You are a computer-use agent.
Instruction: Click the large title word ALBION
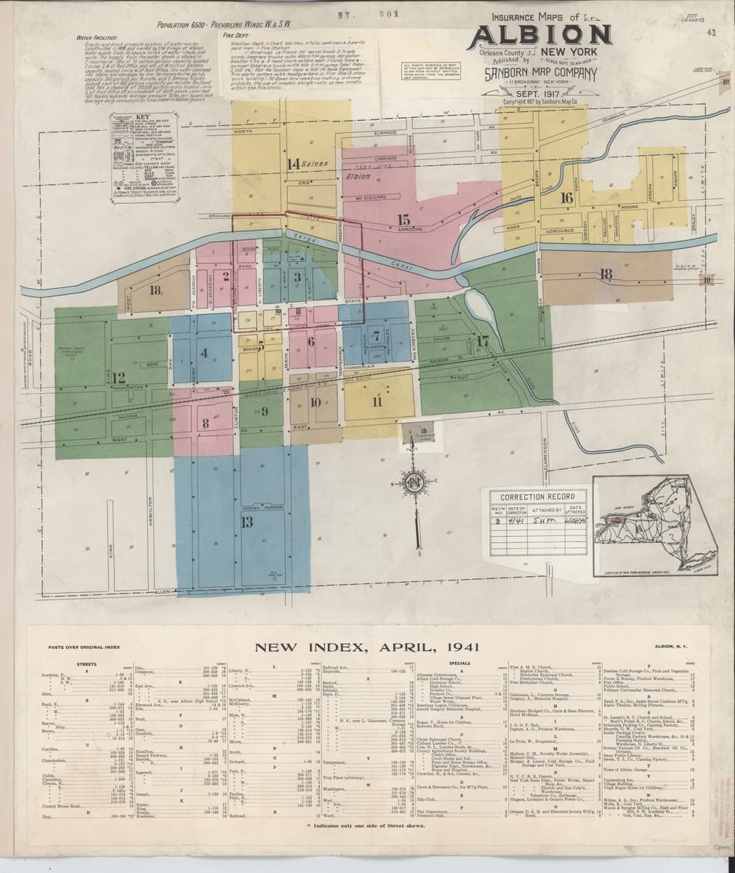pos(542,35)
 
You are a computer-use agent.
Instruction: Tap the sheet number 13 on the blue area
pos(246,521)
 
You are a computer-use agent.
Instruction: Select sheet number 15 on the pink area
pos(404,220)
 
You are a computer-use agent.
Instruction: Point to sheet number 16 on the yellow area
pos(567,197)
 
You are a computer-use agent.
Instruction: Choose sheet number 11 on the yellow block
pos(377,402)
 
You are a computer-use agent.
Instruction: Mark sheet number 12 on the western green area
pos(119,377)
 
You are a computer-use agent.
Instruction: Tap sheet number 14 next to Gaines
pos(294,162)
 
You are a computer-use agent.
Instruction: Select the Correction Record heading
pos(537,496)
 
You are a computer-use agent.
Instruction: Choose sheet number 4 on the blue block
pos(204,353)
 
